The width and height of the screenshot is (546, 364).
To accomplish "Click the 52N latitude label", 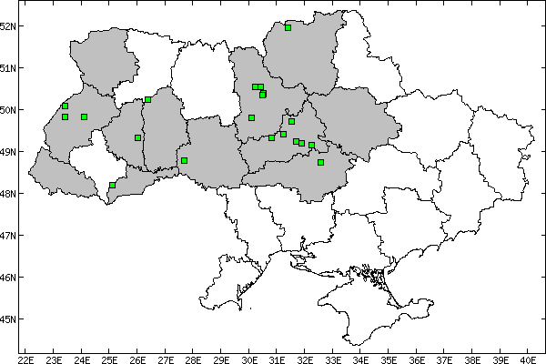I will tap(9, 25).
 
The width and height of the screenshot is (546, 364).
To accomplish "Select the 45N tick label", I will tap(9, 319).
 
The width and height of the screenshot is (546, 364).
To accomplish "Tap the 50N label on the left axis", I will tap(9, 110).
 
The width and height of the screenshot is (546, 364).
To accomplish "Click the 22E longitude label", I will tap(25, 348).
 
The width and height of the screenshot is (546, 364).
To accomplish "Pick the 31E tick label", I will tap(277, 348).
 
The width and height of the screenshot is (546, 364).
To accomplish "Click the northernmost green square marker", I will tap(288, 27).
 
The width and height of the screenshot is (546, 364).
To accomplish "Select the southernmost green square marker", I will tap(113, 185).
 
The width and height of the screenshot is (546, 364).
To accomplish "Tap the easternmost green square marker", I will tap(320, 162).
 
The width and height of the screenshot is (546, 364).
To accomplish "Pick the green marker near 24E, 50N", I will tap(84, 116).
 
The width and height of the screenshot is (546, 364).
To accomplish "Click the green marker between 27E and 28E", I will tap(184, 160).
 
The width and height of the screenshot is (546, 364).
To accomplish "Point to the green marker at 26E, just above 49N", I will tap(137, 137).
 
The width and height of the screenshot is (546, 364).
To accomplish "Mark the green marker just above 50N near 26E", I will tap(147, 100).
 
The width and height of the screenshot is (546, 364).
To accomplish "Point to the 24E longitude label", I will tap(81, 348).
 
